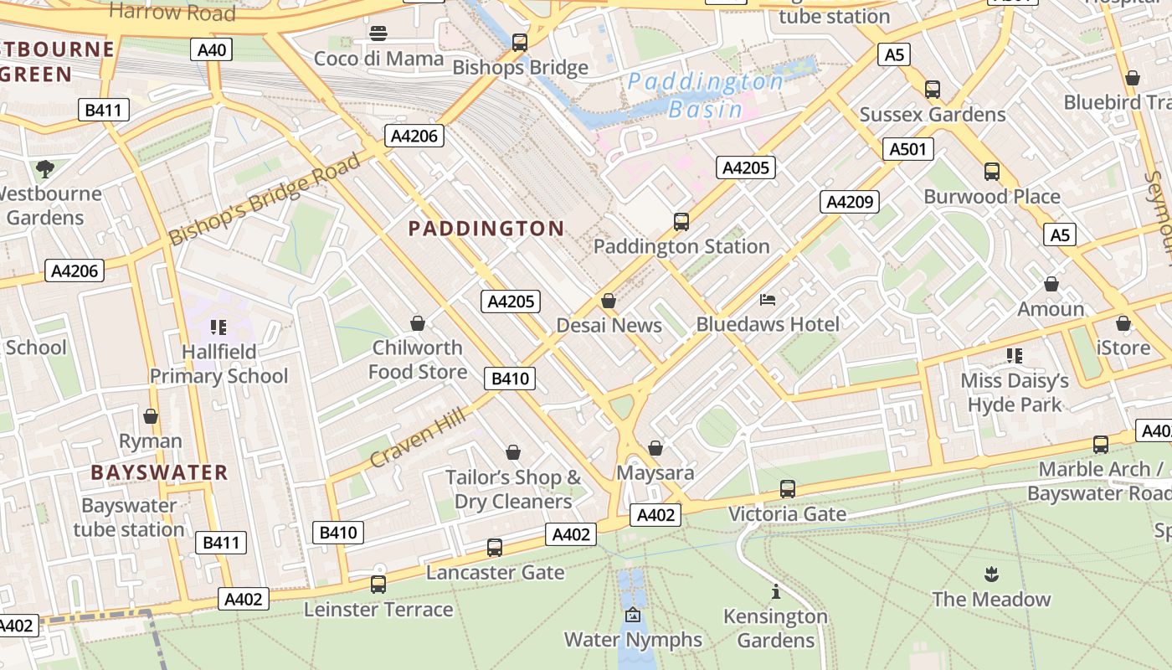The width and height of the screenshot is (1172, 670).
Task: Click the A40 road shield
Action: [x=212, y=50]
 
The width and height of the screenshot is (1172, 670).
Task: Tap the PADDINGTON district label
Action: [x=486, y=229]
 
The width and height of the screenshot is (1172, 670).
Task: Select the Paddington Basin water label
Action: [x=705, y=95]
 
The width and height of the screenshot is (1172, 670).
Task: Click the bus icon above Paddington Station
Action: [x=681, y=222]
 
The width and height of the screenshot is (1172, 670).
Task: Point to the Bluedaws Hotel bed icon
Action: [x=768, y=299]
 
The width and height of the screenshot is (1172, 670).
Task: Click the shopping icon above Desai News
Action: [x=609, y=301]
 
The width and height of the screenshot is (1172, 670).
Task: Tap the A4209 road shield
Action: [x=850, y=201]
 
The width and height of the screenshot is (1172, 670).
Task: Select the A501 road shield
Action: [x=907, y=149]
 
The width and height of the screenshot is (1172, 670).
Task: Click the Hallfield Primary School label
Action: [x=218, y=363]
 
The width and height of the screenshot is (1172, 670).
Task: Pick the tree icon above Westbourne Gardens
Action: [x=45, y=169]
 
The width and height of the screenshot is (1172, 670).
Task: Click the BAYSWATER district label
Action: [x=159, y=472]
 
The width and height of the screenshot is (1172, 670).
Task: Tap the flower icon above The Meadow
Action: [x=991, y=575]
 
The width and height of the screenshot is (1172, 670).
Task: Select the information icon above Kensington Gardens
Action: [x=775, y=592]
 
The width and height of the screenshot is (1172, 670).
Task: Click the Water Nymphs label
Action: [x=633, y=640]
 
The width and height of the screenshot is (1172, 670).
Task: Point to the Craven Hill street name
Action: [x=417, y=434]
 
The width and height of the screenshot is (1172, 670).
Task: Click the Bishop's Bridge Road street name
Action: [x=265, y=198]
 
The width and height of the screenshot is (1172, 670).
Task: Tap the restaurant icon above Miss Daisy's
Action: [x=1015, y=356]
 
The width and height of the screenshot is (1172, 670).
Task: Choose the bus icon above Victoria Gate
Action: [x=787, y=489]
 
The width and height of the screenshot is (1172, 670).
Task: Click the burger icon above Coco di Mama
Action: [x=378, y=33]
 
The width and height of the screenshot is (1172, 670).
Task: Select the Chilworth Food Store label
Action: [x=417, y=359]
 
